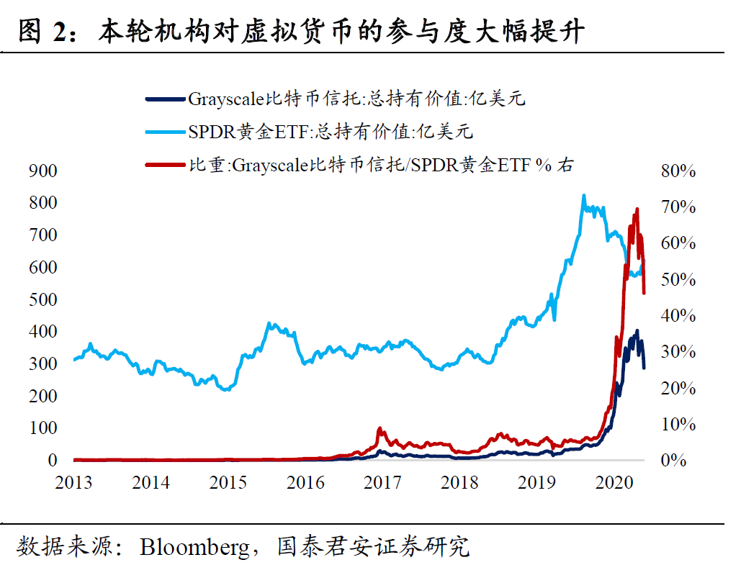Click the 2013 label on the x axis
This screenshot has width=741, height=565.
[x=73, y=482]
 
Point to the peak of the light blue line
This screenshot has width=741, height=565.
[x=583, y=195]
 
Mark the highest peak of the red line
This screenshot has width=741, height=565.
[x=637, y=209]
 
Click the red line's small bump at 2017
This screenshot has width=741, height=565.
[x=380, y=429]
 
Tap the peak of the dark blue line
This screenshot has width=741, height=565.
[x=636, y=331]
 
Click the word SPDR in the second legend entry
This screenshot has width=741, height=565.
[x=210, y=132]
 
